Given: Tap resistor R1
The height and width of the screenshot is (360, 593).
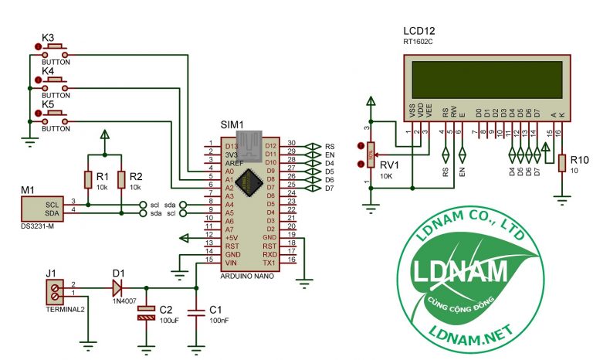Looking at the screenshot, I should tap(87, 179).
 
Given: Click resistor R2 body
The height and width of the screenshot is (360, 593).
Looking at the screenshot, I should tap(121, 179).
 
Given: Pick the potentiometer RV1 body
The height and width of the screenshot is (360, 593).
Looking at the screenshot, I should tap(371, 155).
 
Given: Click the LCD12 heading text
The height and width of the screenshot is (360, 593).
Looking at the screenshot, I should tap(419, 31).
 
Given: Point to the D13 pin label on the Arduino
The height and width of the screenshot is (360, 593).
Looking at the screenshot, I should tap(231, 145).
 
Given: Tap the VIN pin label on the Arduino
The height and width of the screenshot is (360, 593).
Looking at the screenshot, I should tap(230, 262).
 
